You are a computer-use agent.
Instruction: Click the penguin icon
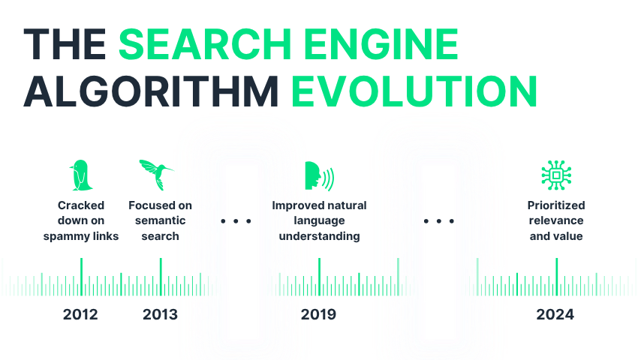81,175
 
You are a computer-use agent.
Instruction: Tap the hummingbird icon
157,175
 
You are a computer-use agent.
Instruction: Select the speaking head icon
320,175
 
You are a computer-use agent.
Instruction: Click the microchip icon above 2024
556,175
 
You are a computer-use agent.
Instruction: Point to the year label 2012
80,314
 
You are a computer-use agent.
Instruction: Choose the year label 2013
161,314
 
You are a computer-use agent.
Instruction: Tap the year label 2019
318,314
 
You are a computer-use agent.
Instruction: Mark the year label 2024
555,314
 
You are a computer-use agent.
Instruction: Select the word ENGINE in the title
381,44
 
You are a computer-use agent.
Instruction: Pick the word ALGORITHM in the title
151,91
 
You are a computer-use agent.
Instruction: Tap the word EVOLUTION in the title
414,91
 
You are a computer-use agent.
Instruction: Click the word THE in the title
65,44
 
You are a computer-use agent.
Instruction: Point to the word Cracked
81,205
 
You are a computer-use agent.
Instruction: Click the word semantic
161,220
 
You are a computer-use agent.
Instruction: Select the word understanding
320,236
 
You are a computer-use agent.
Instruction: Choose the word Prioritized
556,205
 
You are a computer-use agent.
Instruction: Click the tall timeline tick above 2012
81,277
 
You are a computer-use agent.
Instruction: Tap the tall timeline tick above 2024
557,277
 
